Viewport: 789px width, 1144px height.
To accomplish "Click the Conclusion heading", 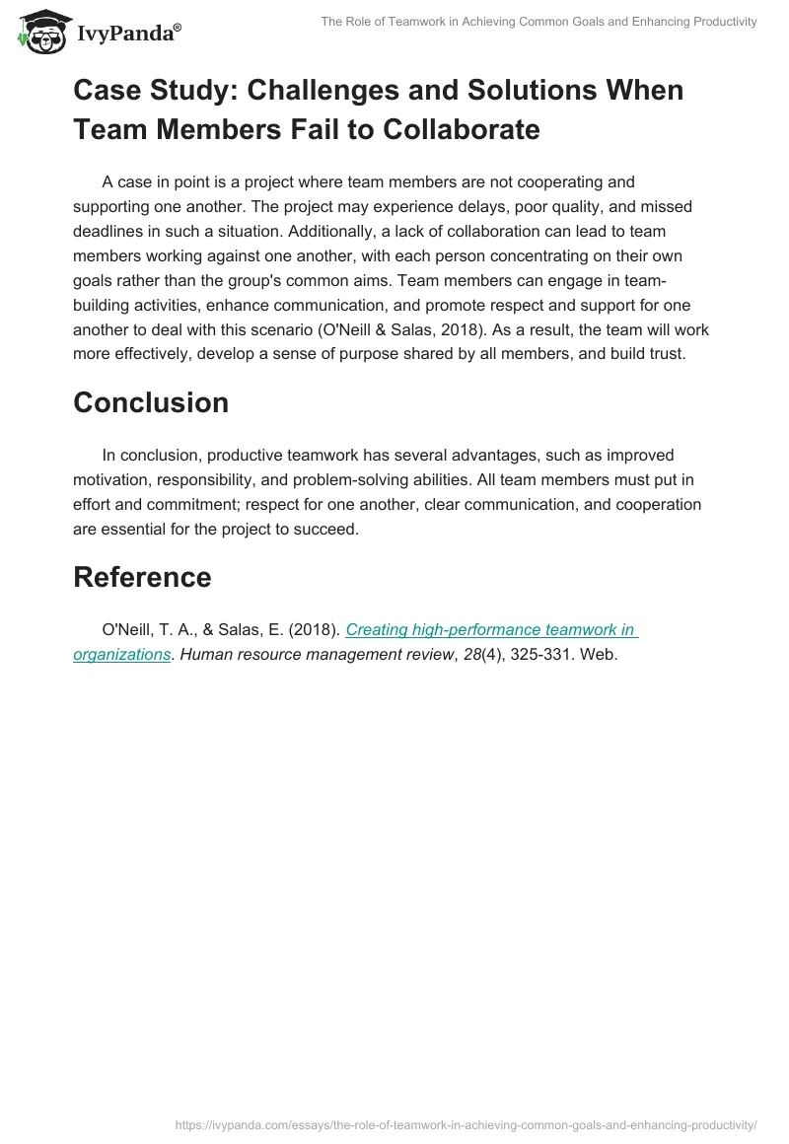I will click(151, 402).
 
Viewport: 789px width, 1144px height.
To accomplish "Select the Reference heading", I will click(142, 577).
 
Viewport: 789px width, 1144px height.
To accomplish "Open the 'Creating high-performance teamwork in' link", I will click(490, 630).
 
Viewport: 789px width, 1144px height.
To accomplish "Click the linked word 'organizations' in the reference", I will click(121, 653).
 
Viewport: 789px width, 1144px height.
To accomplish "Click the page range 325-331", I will click(550, 653).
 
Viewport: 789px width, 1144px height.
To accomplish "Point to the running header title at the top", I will click(538, 22).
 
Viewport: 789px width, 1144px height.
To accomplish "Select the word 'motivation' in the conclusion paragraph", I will click(113, 480).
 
